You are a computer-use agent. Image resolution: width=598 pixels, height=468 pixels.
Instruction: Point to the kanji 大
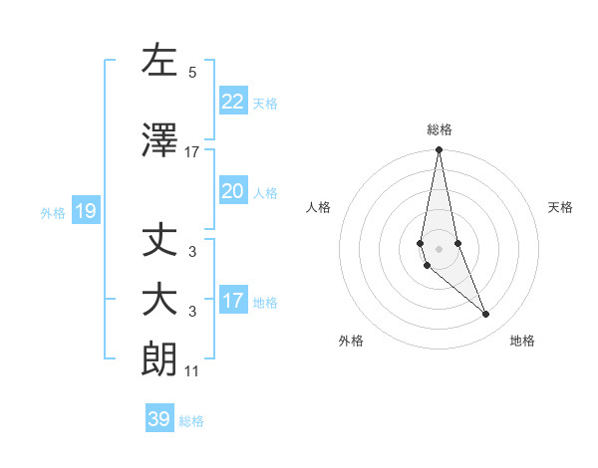click(x=159, y=300)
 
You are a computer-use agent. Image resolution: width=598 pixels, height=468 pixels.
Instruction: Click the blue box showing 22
click(x=232, y=102)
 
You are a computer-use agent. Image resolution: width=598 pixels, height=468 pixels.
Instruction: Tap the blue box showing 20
click(x=232, y=191)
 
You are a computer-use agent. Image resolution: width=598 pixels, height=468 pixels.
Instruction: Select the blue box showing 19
click(x=85, y=211)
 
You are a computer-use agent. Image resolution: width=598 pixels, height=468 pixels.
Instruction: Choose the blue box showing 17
click(x=232, y=301)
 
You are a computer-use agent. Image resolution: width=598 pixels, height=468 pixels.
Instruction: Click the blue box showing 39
click(x=159, y=419)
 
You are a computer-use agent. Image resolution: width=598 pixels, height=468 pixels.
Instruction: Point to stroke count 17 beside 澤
click(x=192, y=152)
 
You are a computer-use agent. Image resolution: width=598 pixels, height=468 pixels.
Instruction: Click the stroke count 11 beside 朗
click(x=192, y=372)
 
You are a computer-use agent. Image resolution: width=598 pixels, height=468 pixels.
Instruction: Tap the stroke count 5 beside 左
click(x=192, y=73)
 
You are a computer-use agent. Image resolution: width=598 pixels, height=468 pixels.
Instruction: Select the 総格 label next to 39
click(x=191, y=421)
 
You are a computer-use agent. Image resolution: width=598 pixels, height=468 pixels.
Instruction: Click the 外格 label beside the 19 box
click(x=53, y=212)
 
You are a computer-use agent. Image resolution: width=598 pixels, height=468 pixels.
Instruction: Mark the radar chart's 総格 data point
click(x=439, y=150)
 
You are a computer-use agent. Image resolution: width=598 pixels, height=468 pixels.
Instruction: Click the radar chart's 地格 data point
click(x=485, y=315)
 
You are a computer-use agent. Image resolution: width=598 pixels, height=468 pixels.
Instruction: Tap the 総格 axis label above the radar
click(x=439, y=129)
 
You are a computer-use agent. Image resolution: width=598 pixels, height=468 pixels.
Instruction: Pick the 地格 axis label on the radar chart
click(x=522, y=341)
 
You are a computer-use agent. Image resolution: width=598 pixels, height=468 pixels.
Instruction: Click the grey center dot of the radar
click(x=439, y=249)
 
